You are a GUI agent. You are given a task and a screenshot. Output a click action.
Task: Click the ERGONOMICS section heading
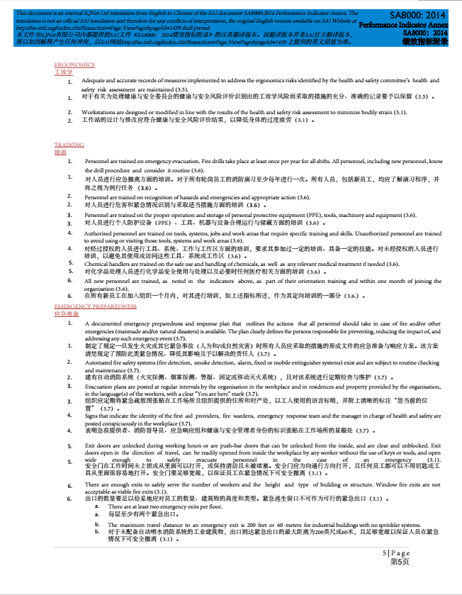(x=74, y=65)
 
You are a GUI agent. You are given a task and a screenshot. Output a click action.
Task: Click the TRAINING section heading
(x=69, y=145)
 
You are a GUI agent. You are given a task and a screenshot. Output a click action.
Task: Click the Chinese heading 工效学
(x=63, y=72)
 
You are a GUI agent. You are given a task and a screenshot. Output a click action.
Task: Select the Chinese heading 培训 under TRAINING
(x=60, y=152)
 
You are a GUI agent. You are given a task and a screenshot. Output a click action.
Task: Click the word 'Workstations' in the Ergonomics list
(x=98, y=112)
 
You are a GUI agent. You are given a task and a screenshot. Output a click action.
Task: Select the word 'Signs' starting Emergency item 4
(x=91, y=416)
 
